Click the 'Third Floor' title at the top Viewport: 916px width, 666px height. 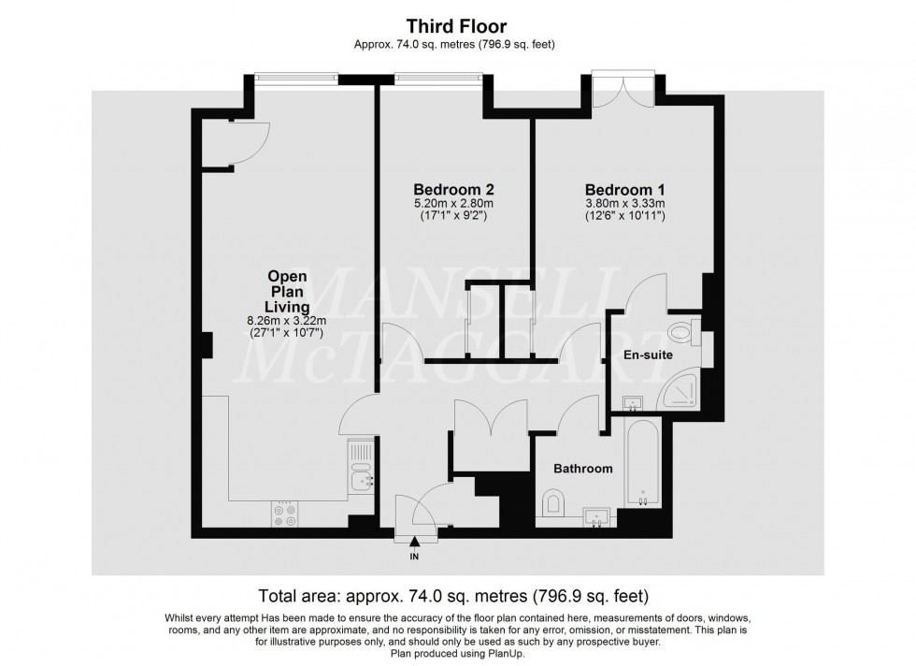click(457, 27)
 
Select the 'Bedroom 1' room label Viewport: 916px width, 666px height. click(624, 187)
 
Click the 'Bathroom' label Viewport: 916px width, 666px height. click(582, 469)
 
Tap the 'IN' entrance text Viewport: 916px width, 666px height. click(414, 557)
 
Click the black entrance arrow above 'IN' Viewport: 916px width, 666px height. click(414, 543)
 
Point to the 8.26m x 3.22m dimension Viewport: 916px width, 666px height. click(288, 321)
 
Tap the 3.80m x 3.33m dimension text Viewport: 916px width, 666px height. click(624, 203)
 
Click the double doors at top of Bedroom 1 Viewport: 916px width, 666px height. click(623, 92)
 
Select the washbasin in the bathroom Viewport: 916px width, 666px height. click(595, 515)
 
